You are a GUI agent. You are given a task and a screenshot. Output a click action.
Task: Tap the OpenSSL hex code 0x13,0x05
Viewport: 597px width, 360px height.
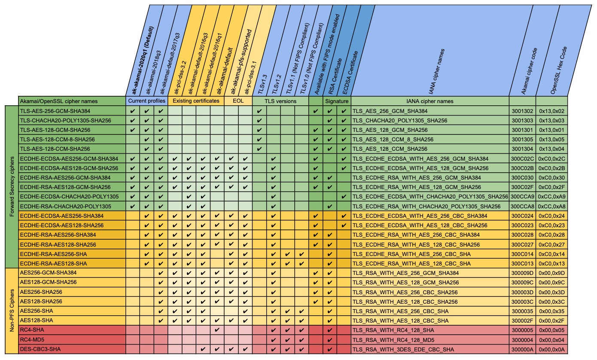pos(551,139)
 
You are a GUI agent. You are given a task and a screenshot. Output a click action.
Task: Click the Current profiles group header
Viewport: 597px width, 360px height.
pos(146,101)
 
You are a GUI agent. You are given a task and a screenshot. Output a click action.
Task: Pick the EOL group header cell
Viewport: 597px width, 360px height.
pos(238,101)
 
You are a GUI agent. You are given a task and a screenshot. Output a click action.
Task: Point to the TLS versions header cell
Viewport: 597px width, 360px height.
pos(280,101)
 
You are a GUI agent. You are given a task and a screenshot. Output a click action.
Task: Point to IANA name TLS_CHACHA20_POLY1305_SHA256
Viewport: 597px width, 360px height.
pos(400,121)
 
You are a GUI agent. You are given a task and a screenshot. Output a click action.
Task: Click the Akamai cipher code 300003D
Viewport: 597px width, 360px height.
pos(522,292)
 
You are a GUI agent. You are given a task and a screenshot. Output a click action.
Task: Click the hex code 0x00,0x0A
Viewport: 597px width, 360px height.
pos(551,349)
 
